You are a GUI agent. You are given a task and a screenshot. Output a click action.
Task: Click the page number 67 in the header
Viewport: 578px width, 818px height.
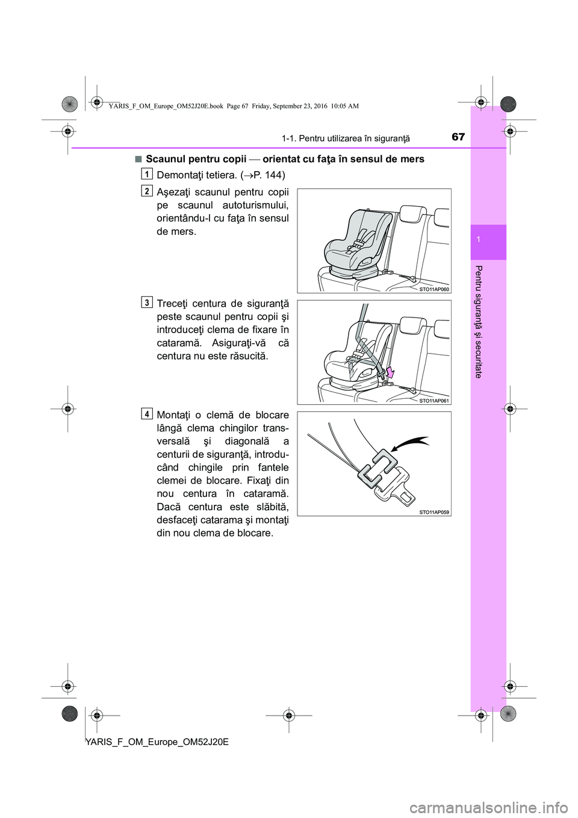[458, 137]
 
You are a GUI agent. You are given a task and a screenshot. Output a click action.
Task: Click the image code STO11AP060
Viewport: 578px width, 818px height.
[434, 289]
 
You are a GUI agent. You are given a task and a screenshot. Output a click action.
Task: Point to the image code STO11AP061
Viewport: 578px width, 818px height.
[434, 401]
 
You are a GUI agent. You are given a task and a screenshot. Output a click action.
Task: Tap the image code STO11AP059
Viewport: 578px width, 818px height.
[434, 512]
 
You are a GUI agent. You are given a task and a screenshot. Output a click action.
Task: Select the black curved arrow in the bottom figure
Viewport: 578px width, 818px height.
[409, 445]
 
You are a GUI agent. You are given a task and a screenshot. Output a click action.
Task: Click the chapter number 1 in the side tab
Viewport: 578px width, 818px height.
[488, 240]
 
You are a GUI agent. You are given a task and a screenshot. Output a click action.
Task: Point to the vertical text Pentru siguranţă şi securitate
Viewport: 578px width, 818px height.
[479, 322]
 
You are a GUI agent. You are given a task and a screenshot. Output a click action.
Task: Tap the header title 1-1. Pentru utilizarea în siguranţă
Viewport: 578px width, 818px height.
[346, 139]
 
